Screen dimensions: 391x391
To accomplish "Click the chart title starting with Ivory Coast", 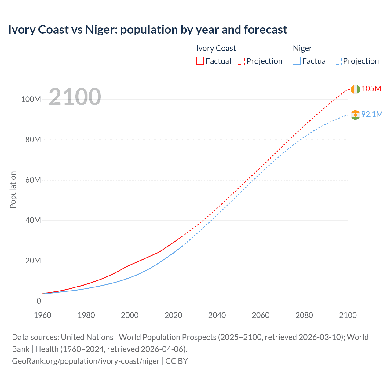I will point(148,30).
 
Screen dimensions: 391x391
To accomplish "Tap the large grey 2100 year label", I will point(75,97).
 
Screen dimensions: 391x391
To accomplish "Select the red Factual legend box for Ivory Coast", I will point(200,61).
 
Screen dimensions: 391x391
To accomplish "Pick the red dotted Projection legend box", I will point(241,61).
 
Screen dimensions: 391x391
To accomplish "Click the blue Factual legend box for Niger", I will point(296,61).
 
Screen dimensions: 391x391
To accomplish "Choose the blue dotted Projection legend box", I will point(337,61).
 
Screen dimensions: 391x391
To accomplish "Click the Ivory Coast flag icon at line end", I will point(355,89).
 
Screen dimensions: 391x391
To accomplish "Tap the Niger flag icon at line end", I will point(355,115).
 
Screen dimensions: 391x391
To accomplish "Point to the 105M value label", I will point(371,89).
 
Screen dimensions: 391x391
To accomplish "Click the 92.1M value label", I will point(372,114).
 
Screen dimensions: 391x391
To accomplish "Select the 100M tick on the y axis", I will point(31,100).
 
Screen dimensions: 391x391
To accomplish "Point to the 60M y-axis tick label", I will point(33,180).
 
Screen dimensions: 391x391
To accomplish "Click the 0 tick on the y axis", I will point(39,301).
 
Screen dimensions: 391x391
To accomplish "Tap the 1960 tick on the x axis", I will point(42,315).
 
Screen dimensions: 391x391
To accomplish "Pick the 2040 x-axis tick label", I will point(217,315).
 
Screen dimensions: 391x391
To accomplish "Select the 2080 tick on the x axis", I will point(304,315).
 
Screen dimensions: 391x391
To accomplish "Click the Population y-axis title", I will point(13,190).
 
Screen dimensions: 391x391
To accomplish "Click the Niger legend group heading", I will point(302,48).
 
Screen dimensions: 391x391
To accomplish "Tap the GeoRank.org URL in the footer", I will point(86,361).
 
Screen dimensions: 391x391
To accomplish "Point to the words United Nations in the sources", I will point(87,337).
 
